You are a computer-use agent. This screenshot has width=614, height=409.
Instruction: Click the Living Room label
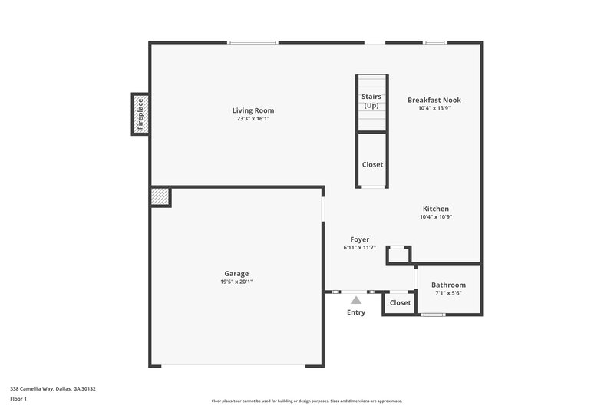click(x=253, y=110)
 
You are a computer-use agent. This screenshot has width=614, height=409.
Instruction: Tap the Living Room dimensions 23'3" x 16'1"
click(x=253, y=119)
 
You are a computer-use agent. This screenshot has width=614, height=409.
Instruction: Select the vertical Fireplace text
click(x=140, y=114)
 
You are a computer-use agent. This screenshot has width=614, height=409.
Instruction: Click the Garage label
click(x=236, y=273)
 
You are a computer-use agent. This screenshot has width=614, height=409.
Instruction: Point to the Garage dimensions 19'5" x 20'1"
click(x=236, y=282)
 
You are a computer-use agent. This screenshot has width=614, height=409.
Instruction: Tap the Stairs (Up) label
click(x=372, y=101)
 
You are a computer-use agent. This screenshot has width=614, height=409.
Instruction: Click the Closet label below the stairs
click(x=372, y=164)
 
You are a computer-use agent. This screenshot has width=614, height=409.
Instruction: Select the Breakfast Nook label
click(x=434, y=100)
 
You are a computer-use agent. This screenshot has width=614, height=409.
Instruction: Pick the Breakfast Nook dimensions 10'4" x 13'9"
click(x=434, y=108)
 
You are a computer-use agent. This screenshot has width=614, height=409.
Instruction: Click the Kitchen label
click(x=436, y=209)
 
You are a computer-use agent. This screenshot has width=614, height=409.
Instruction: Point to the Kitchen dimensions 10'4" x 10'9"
click(x=436, y=217)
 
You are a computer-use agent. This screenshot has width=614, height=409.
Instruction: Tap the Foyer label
click(x=360, y=239)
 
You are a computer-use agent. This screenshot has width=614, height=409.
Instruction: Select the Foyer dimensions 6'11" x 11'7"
click(x=360, y=248)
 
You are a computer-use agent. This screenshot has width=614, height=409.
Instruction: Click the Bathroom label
click(x=448, y=285)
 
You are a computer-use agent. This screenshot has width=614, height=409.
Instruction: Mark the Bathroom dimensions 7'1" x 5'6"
click(x=448, y=293)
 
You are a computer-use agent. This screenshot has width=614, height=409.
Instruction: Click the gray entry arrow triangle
click(x=356, y=300)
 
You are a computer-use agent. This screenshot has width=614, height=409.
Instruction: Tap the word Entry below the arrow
click(x=356, y=312)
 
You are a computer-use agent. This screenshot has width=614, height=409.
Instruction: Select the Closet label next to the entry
click(x=400, y=303)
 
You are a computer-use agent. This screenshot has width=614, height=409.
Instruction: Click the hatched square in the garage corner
click(x=160, y=196)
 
